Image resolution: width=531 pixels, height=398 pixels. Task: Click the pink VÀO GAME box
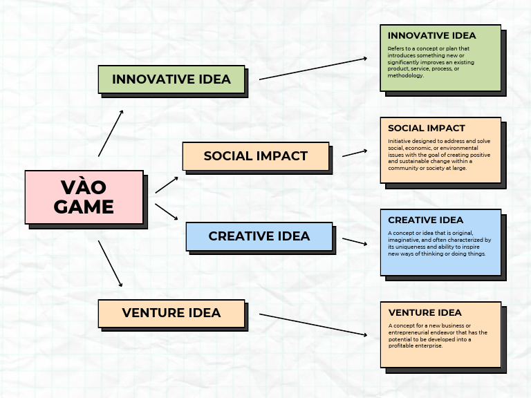[x=84, y=197]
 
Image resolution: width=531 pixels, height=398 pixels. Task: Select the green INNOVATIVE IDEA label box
[x=171, y=79]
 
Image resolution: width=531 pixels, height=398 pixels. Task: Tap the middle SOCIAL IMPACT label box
[x=255, y=155]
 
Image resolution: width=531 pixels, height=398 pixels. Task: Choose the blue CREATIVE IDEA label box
[x=259, y=236]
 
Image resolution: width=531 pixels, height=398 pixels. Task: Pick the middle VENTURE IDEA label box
[x=171, y=313]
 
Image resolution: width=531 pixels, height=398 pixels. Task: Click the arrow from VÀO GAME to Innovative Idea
[x=111, y=133]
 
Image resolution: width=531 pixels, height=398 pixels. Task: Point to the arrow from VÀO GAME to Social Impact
[x=167, y=184]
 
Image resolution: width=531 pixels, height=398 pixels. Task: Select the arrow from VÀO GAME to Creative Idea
[x=167, y=211]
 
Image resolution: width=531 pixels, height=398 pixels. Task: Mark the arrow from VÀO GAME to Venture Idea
[x=111, y=263]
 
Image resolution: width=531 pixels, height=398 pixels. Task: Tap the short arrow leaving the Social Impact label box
[x=354, y=152]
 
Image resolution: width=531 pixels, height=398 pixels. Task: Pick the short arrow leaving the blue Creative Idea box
[x=354, y=242]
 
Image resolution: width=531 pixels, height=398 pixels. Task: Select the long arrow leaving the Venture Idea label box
[x=313, y=325]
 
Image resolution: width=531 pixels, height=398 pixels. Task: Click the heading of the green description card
[x=431, y=35]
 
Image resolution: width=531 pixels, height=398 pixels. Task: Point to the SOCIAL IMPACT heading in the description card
[x=426, y=128]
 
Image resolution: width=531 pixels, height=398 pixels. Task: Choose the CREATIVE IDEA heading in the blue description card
[x=425, y=220]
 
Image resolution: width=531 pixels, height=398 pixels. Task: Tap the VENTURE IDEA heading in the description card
[x=425, y=312]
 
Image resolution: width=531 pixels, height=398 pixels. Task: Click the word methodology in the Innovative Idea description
[x=406, y=75]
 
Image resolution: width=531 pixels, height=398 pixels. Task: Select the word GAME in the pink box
[x=84, y=207]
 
